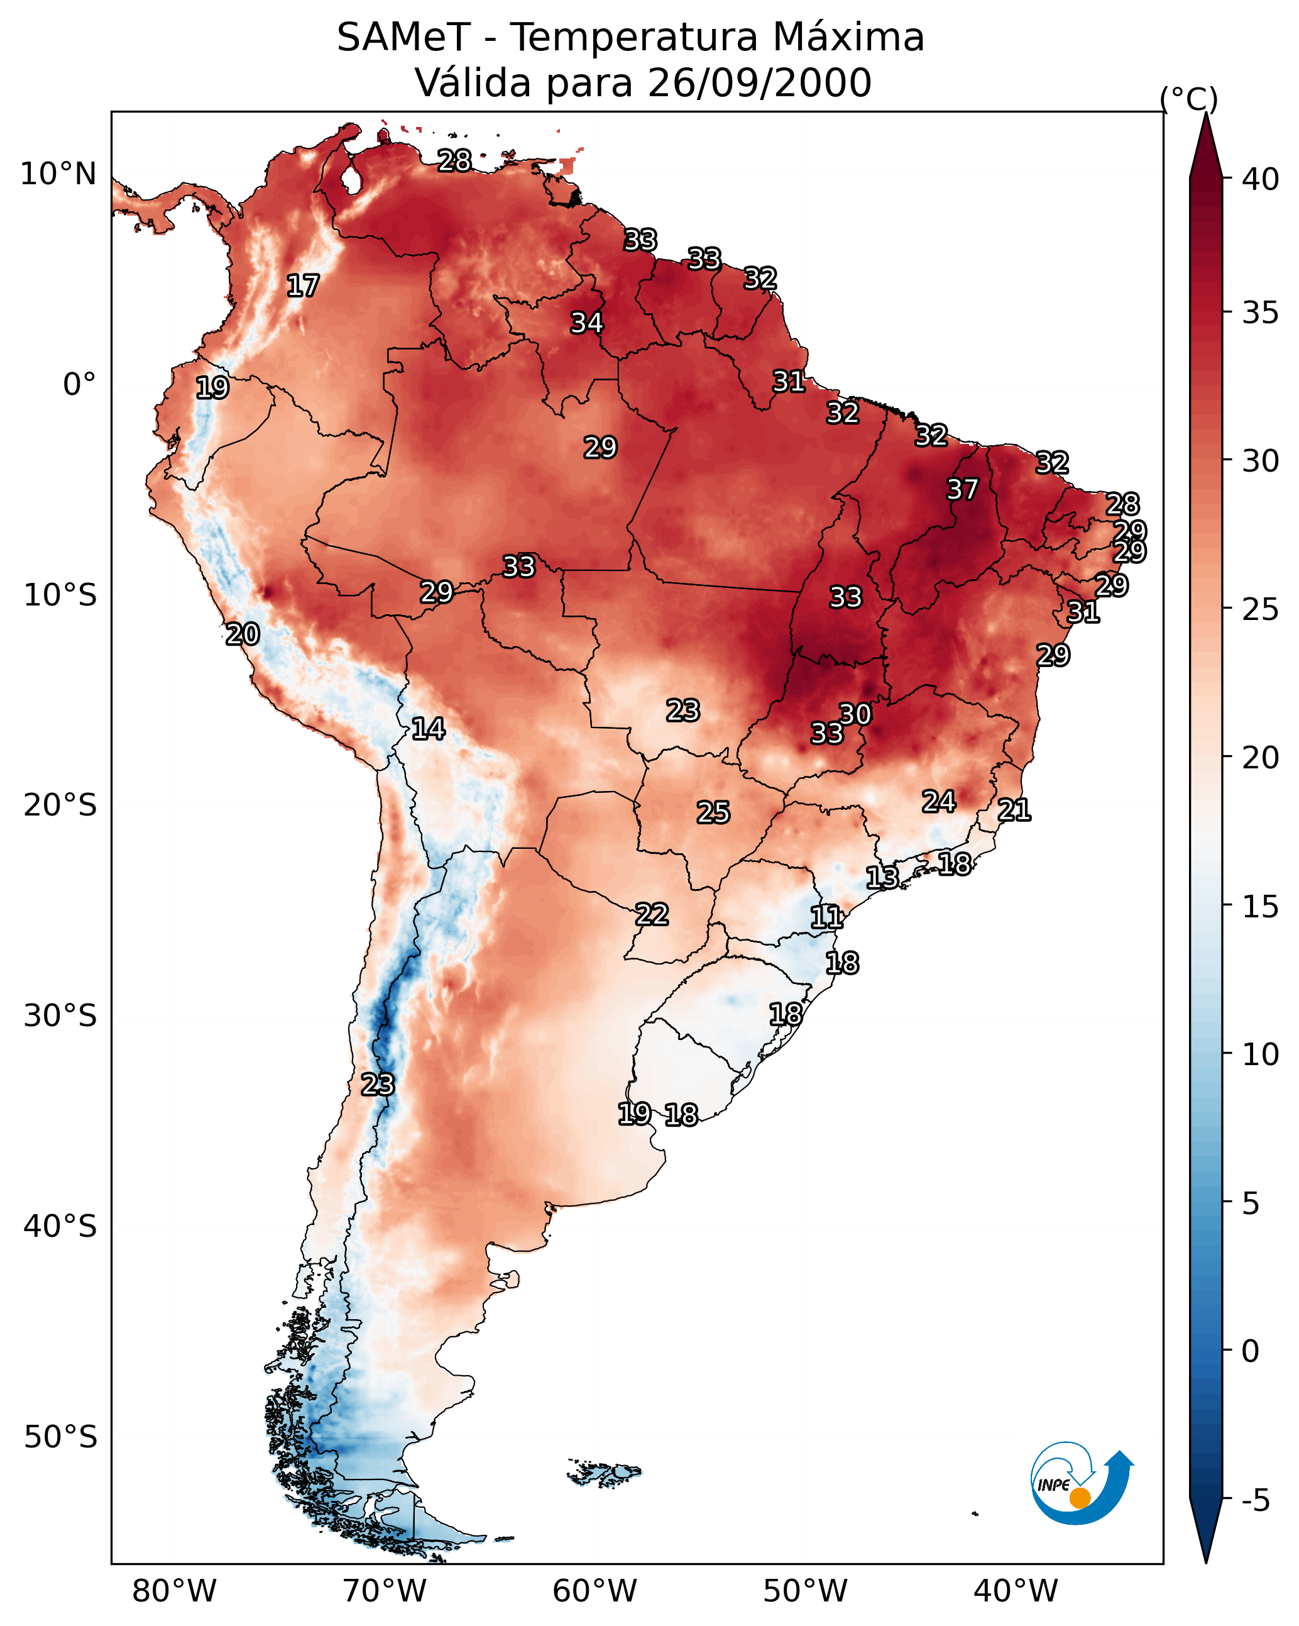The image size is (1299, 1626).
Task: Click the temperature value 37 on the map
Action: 962,489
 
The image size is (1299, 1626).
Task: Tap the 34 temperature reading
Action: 586,323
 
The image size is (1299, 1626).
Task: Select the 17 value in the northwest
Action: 303,286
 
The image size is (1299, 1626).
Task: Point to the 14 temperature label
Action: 428,729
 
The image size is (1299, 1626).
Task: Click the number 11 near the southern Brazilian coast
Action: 826,917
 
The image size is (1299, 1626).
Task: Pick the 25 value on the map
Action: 713,812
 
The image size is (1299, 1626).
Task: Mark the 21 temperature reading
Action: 1014,810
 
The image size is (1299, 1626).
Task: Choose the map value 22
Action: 651,914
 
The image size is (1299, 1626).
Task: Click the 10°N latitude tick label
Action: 58,174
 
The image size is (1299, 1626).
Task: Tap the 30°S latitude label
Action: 60,1016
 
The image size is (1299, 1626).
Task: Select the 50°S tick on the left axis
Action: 60,1437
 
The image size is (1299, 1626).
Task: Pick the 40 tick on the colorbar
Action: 1261,179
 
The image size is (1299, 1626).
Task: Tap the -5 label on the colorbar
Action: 1255,1500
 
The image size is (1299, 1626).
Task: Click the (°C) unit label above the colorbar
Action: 1189,99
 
